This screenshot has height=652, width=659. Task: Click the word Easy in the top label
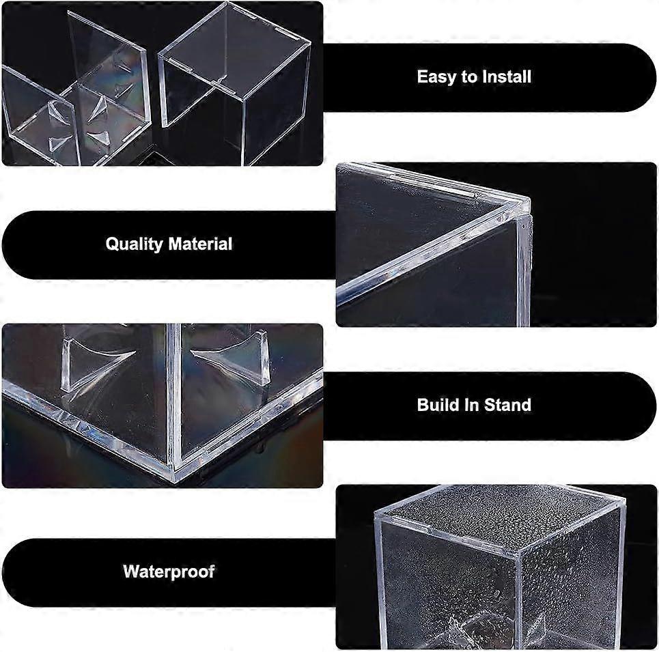[x=436, y=76]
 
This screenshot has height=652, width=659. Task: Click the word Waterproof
[x=169, y=571]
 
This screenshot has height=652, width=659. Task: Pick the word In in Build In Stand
[x=473, y=405]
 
